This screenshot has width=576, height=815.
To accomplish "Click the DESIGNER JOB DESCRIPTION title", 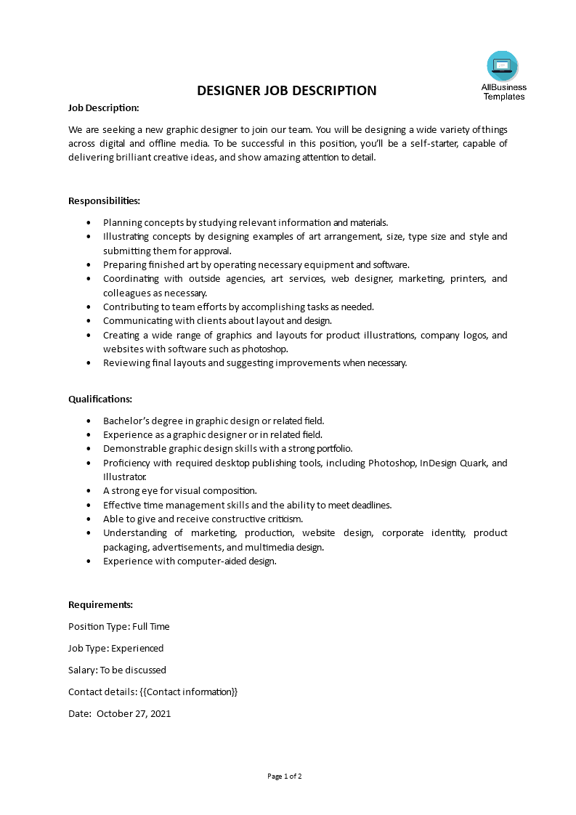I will (287, 91).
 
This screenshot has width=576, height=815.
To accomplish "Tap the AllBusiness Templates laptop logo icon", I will (503, 66).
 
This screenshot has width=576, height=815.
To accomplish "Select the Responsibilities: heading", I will (104, 200).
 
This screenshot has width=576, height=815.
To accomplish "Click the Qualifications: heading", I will (100, 399).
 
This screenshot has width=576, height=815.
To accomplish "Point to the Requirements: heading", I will (100, 604).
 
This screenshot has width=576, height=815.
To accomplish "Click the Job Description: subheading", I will (103, 108).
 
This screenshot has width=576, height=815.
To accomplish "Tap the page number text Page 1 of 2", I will (285, 776).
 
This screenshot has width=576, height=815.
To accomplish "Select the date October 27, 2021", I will (134, 713).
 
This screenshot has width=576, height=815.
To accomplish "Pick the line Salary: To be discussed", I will (117, 670).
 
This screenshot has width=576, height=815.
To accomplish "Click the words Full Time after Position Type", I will (150, 626).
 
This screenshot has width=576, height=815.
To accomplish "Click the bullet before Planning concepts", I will (89, 223).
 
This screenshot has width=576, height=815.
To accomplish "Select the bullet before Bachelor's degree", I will (89, 421).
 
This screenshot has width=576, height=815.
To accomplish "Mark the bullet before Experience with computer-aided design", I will (89, 561).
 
